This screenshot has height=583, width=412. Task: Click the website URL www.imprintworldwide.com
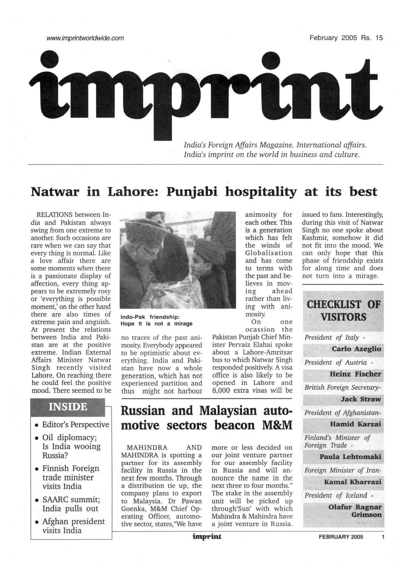click(x=85, y=38)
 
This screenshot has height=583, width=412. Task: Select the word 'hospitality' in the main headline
click(x=261, y=192)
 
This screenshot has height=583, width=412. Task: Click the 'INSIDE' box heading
click(x=68, y=407)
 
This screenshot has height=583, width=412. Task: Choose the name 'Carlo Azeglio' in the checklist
click(x=356, y=349)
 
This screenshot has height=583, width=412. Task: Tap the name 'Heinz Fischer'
click(x=355, y=374)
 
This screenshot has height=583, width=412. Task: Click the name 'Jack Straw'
click(x=361, y=399)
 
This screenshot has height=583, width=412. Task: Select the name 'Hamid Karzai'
click(x=355, y=424)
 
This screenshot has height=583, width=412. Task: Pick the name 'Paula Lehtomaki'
click(x=350, y=457)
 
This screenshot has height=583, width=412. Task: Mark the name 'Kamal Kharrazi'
click(x=353, y=482)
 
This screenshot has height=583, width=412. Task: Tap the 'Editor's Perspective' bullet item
click(x=75, y=425)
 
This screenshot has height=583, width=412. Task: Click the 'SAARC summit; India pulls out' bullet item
click(x=71, y=504)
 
